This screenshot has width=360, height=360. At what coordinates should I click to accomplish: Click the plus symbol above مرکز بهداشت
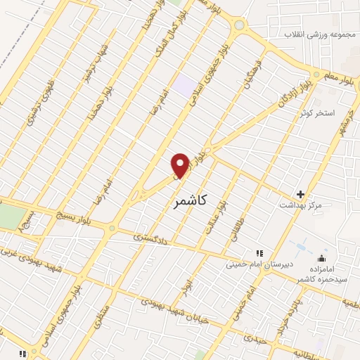click(x=301, y=193)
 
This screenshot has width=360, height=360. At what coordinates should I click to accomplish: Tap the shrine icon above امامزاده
click(x=322, y=258)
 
